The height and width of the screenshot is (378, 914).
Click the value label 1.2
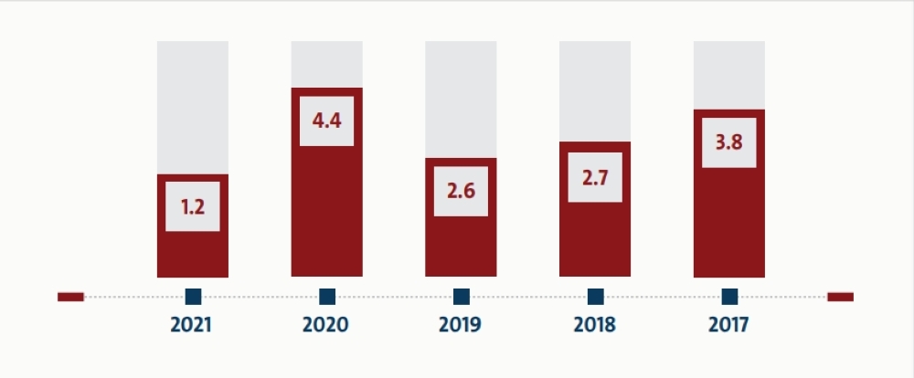point(192,206)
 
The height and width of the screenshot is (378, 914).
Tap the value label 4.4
point(326,121)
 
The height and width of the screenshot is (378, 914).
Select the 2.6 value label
point(461,191)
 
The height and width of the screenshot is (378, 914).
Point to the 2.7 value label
point(595,178)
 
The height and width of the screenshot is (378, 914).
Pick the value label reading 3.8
point(728,142)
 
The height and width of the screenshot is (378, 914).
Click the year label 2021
point(191,324)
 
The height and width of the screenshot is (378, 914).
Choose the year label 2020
point(325,324)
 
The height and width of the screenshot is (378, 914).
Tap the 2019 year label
point(460,324)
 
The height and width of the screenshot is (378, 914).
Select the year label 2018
point(595,324)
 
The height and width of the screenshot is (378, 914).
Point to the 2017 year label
point(728,324)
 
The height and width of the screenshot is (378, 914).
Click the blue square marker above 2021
point(193,297)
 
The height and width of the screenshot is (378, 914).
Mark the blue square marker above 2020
point(327,297)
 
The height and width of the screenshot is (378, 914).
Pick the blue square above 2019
point(461,297)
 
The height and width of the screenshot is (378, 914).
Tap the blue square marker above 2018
point(595,297)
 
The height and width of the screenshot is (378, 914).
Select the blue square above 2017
point(729,297)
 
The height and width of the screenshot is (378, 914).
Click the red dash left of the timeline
point(70,297)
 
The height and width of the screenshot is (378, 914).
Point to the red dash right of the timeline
point(840,297)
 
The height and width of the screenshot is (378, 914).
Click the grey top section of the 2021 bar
point(192,108)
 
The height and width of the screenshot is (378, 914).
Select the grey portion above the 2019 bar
point(461,100)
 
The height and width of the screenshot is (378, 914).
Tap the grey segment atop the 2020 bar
point(327,65)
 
